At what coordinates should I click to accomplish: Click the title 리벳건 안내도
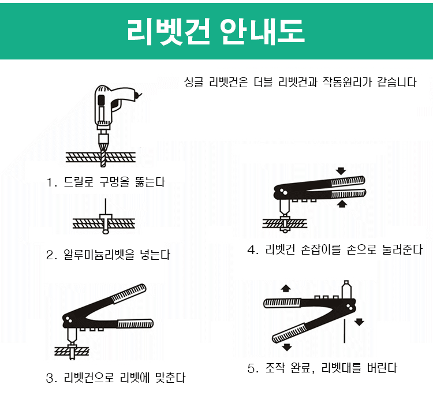pos(216,32)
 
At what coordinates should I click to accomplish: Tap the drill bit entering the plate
pos(103,155)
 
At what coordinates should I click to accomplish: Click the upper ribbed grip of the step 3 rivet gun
pos(129,294)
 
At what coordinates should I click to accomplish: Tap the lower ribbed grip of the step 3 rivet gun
pos(135,324)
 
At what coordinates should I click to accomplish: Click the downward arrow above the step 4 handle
pos(341,171)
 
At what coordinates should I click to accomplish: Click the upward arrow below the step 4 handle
pos(342,204)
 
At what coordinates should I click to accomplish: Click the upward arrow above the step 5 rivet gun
pos(286,288)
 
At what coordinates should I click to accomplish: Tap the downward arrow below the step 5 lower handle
pos(287,347)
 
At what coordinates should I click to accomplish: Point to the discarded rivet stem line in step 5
pos(344,331)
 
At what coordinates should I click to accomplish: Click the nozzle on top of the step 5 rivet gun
pos(346,289)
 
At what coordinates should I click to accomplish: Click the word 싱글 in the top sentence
pos(193,82)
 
